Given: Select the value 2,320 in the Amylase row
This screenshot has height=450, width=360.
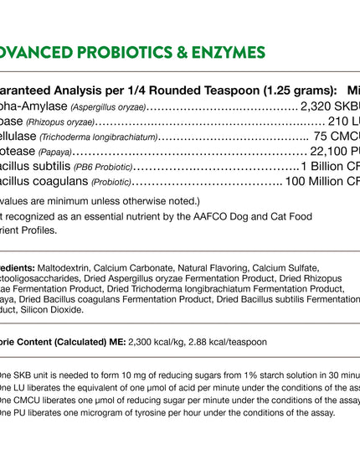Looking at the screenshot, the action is point(317,106).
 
